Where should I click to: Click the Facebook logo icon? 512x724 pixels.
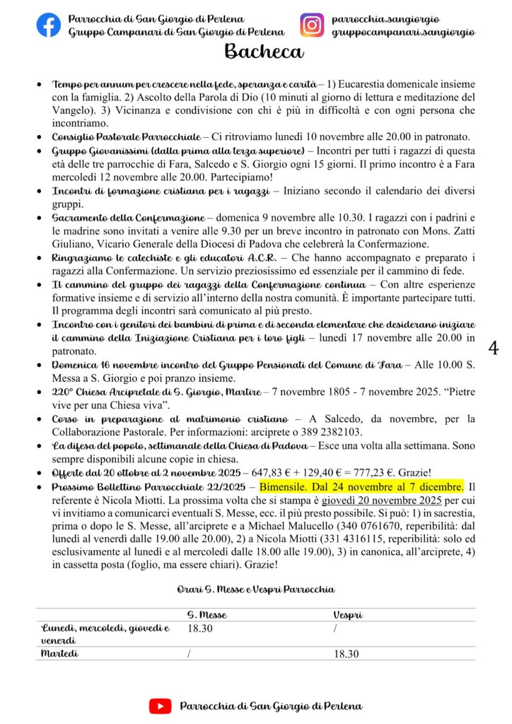coord(49,25)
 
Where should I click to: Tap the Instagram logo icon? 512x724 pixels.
coord(311,25)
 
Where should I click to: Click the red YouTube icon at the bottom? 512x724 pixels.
coord(160,706)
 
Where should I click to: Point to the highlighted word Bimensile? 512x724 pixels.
coord(286,487)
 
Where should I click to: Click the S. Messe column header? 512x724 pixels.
coord(206,615)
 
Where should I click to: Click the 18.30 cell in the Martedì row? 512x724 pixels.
coord(347,654)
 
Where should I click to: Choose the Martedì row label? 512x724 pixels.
coord(61,654)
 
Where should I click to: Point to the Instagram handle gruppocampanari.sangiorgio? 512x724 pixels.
coord(403,32)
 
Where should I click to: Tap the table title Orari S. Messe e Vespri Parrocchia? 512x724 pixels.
coord(255,589)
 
